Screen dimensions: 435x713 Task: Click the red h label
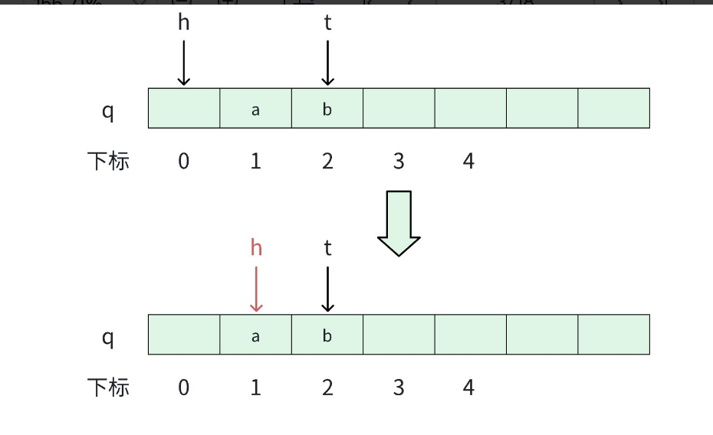(256, 247)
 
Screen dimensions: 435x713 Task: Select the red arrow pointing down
(256, 289)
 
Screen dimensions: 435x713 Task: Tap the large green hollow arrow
(399, 223)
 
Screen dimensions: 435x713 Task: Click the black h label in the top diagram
(183, 23)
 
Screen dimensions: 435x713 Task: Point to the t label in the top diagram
(327, 23)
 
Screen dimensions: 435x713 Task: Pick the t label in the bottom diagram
(327, 248)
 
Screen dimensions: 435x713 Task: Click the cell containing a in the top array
(255, 108)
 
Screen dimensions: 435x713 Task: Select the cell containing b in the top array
(327, 108)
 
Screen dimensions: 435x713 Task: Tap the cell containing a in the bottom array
(255, 335)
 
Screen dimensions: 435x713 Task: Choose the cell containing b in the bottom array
(327, 335)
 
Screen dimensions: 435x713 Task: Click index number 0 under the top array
(183, 162)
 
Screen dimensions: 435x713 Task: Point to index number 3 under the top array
(399, 162)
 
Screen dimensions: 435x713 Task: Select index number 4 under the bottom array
(468, 388)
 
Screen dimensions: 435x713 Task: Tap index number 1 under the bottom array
(255, 388)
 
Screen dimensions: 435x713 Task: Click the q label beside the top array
(108, 111)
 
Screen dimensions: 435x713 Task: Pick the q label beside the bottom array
(108, 337)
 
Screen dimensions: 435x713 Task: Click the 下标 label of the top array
(108, 162)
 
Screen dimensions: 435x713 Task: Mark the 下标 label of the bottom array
(108, 388)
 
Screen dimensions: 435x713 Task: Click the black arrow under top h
(183, 63)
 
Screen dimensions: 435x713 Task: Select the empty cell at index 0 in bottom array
(184, 335)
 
